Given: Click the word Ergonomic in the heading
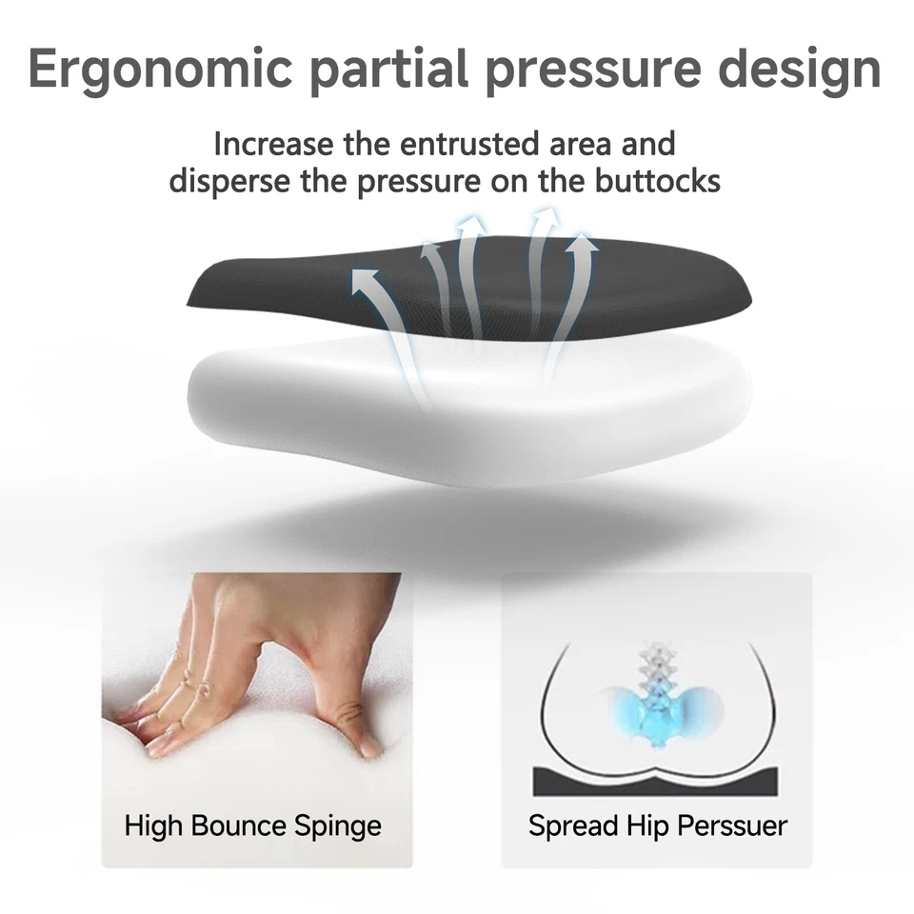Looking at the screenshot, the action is pyautogui.click(x=160, y=70).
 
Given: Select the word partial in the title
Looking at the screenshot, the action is pyautogui.click(x=388, y=70).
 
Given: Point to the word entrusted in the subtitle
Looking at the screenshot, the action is pyautogui.click(x=469, y=144).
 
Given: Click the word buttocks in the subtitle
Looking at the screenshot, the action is pyautogui.click(x=658, y=181).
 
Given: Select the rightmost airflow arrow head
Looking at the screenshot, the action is pyautogui.click(x=583, y=244).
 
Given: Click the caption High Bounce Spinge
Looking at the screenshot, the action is pyautogui.click(x=253, y=826).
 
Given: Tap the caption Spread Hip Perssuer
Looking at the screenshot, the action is pyautogui.click(x=658, y=826).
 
